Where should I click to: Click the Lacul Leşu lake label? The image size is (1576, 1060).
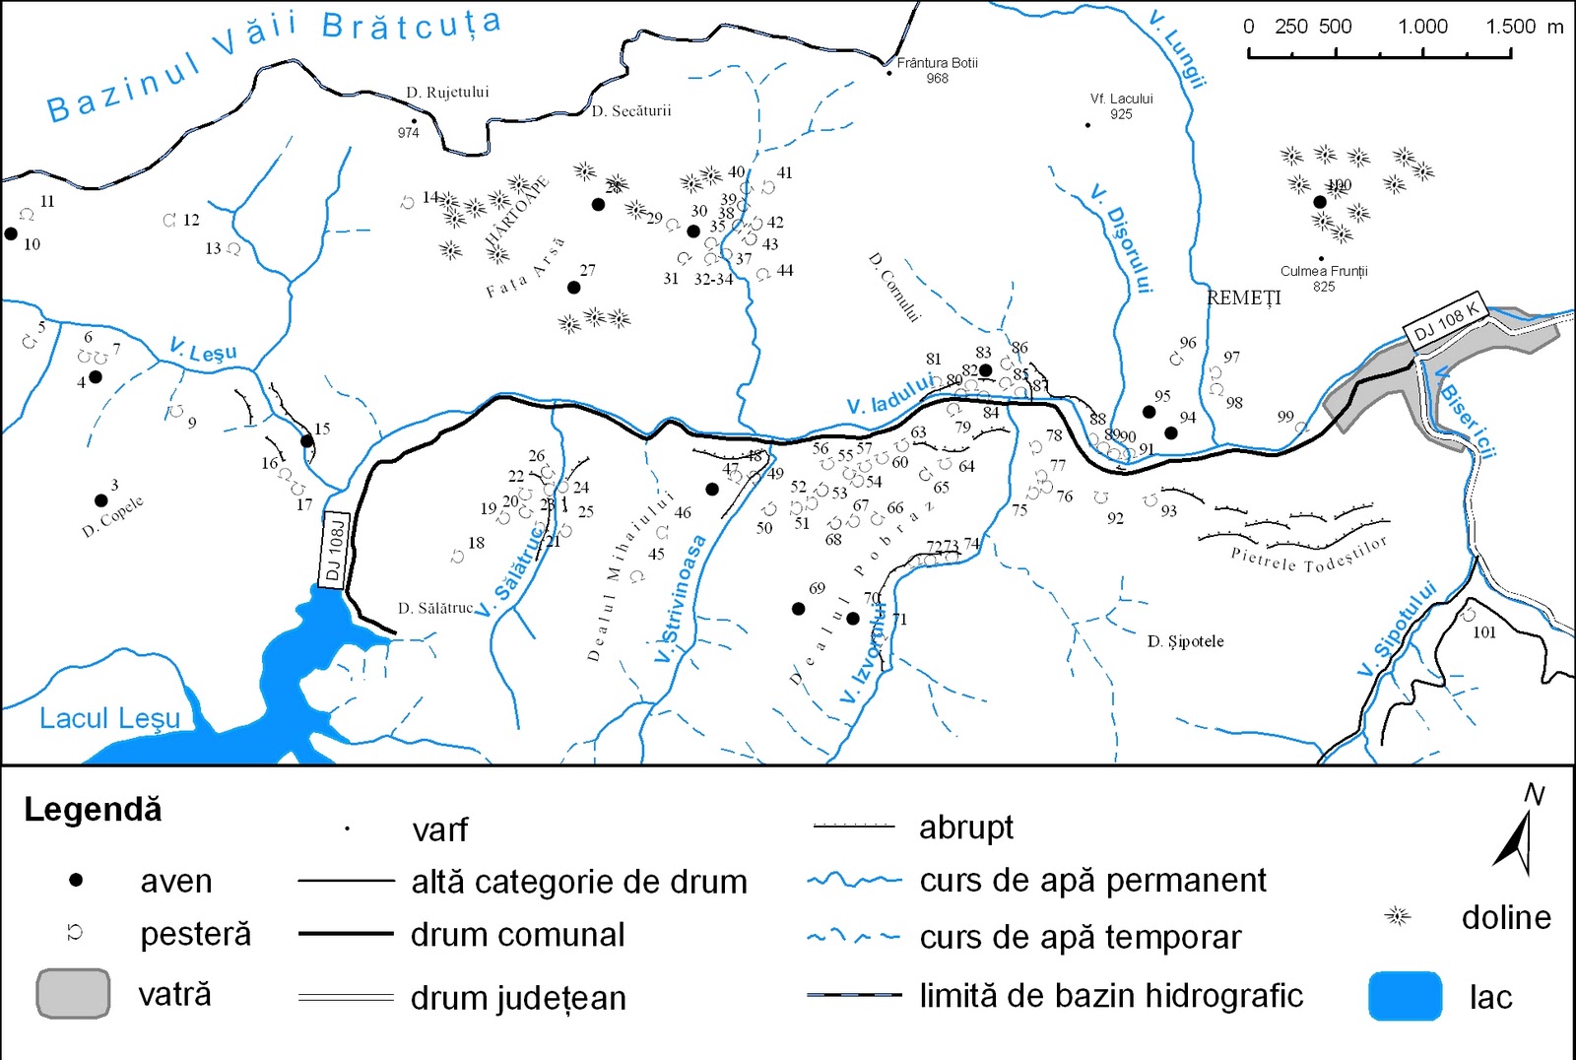pyautogui.click(x=110, y=718)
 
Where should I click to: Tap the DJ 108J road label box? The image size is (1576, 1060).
pyautogui.click(x=335, y=552)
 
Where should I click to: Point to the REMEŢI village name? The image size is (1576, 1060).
pyautogui.click(x=1244, y=298)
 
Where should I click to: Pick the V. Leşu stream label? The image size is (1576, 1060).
pyautogui.click(x=203, y=351)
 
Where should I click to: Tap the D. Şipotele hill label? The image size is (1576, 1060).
pyautogui.click(x=1185, y=641)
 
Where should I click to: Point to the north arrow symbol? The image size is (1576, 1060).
pyautogui.click(x=1518, y=837)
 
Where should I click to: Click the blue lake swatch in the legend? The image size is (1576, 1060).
pyautogui.click(x=1405, y=996)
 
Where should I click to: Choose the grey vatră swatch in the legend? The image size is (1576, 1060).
pyautogui.click(x=73, y=993)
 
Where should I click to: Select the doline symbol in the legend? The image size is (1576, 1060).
pyautogui.click(x=1397, y=917)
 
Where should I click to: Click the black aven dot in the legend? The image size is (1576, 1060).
pyautogui.click(x=76, y=880)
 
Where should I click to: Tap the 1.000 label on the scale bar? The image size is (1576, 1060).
pyautogui.click(x=1422, y=27)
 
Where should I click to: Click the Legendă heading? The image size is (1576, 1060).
pyautogui.click(x=93, y=810)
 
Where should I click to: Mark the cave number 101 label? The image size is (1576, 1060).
pyautogui.click(x=1483, y=632)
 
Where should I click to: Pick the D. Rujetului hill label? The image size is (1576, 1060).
pyautogui.click(x=447, y=93)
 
